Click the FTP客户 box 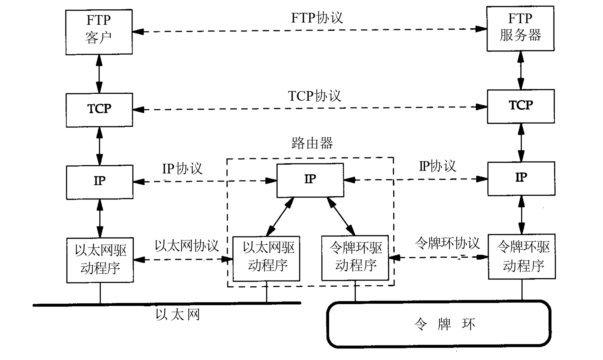pos(99,32)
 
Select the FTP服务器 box pos(520,29)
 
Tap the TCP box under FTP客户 pos(99,110)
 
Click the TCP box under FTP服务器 pos(521,106)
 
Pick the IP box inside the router pos(310,180)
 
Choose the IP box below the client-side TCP pos(99,182)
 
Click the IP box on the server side pos(521,179)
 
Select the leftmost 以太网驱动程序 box pos(100,260)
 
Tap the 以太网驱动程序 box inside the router pos(266,258)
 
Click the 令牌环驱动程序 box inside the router pos(355,258)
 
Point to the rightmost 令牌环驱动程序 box pos(522,256)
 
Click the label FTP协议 pos(317,18)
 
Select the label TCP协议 pos(314,96)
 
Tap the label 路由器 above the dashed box pos(312,143)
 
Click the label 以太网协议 pos(187,246)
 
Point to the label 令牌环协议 pos(447,243)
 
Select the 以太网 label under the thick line pos(178,314)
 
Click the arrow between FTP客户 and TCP pos(99,74)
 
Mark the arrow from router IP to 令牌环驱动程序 pos(341,216)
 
